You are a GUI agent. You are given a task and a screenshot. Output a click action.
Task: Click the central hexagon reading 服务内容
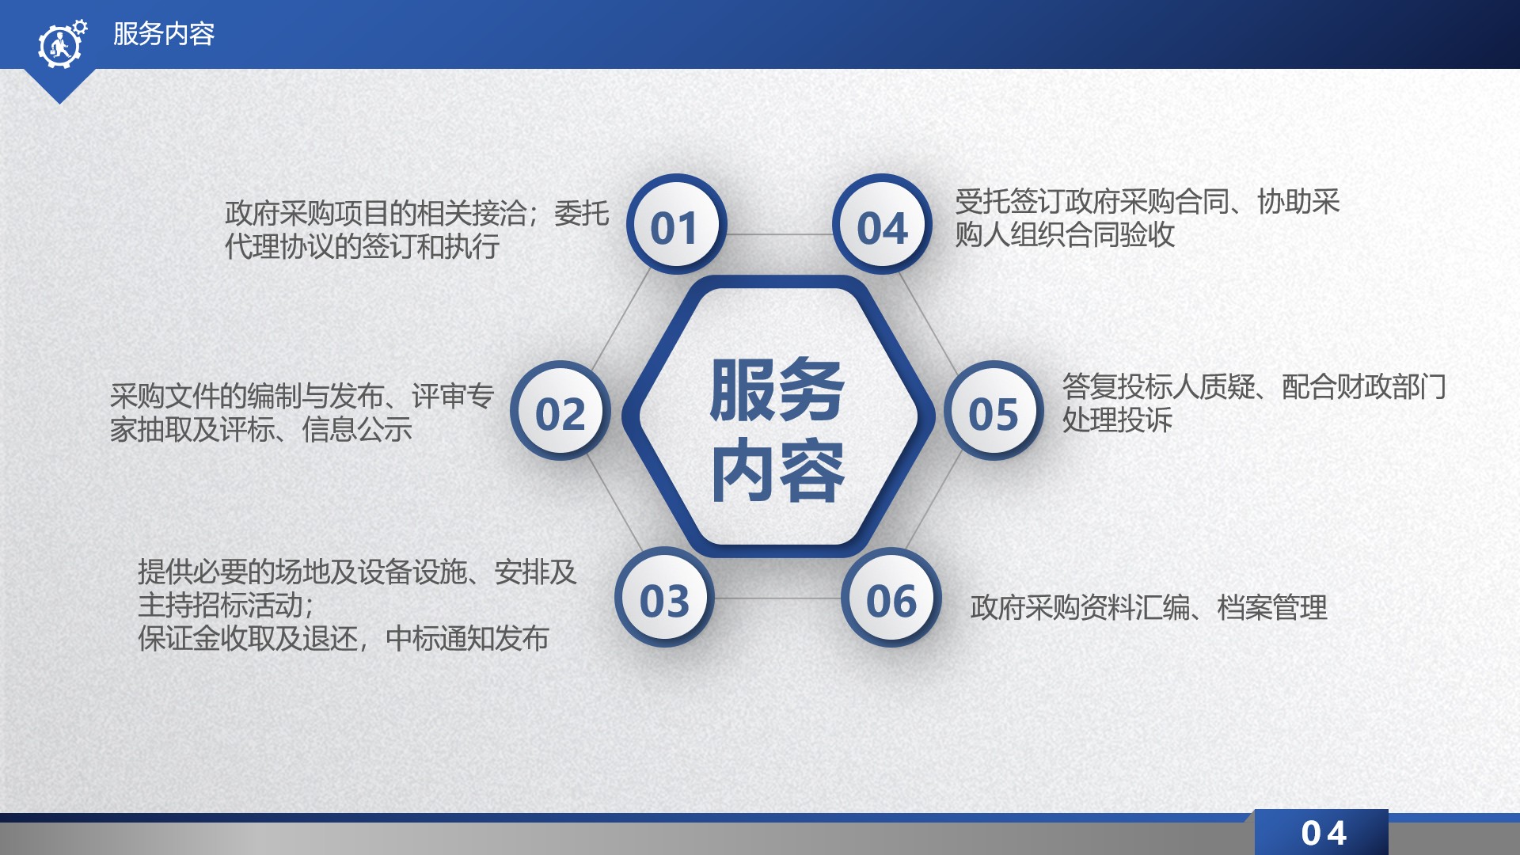pyautogui.click(x=777, y=416)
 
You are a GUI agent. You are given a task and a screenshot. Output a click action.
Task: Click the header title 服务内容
pyautogui.click(x=164, y=34)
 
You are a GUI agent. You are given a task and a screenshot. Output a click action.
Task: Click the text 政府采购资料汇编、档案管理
pyautogui.click(x=1149, y=607)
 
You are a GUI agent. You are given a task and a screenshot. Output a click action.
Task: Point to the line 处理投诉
pyautogui.click(x=1117, y=420)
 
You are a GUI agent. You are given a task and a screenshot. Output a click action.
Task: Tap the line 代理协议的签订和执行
pyautogui.click(x=362, y=246)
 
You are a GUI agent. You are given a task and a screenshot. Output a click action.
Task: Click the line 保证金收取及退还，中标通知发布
pyautogui.click(x=344, y=638)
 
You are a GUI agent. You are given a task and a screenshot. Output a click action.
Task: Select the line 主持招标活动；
pyautogui.click(x=227, y=605)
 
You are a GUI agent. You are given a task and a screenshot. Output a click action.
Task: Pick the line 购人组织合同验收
pyautogui.click(x=1065, y=234)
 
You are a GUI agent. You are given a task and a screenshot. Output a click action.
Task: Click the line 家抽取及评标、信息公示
pyautogui.click(x=261, y=429)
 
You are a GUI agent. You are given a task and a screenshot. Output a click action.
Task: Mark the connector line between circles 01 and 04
pyautogui.click(x=779, y=234)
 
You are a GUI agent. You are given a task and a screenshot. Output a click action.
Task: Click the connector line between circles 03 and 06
pyautogui.click(x=778, y=598)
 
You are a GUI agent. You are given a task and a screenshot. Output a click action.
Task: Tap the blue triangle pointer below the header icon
pyautogui.click(x=59, y=85)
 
